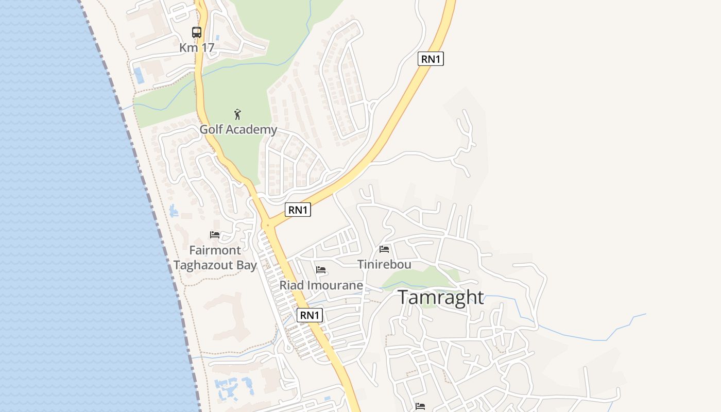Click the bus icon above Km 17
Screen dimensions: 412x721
point(197,32)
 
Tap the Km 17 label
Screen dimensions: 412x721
point(197,48)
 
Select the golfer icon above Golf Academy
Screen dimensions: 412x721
point(237,114)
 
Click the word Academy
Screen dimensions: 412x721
point(251,130)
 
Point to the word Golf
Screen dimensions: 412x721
point(211,129)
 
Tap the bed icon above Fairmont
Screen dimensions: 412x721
point(215,235)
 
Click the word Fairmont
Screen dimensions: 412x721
point(215,250)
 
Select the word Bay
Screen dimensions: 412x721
point(246,266)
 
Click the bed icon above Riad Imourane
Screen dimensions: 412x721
point(321,270)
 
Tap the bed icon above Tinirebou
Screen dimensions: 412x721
point(384,249)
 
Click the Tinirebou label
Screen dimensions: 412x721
point(384,265)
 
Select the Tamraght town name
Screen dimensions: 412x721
point(441,298)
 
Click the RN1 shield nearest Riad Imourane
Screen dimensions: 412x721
point(310,315)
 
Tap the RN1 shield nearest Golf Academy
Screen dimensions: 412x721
point(298,210)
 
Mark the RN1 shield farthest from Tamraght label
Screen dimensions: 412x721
point(431,59)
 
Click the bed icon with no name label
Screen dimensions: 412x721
point(420,406)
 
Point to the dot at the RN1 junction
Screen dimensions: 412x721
point(267,225)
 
